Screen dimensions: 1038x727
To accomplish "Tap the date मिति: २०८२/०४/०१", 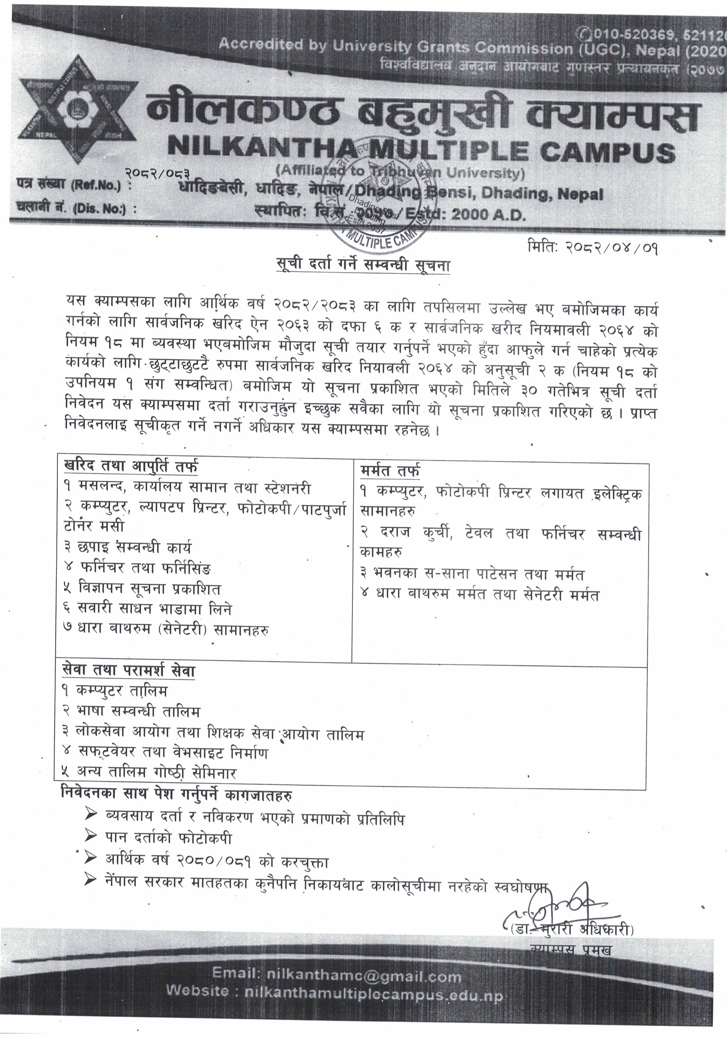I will pos(592,248).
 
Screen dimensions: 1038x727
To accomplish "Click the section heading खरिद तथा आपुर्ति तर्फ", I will pos(131,467).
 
